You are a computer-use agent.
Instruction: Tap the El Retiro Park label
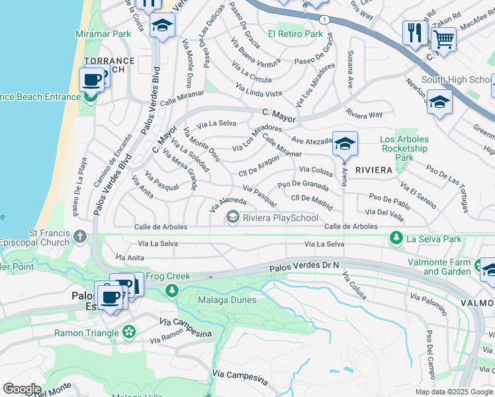click(x=295, y=34)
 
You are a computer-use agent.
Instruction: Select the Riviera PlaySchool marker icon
click(x=232, y=217)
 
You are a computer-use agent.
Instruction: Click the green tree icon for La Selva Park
click(x=396, y=238)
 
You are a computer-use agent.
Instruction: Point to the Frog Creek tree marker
click(x=171, y=290)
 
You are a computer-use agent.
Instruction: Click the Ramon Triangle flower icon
click(x=129, y=331)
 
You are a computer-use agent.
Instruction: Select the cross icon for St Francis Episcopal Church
click(x=80, y=237)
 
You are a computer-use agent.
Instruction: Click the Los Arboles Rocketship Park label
click(x=404, y=148)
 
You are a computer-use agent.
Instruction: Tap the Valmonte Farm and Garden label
click(x=447, y=267)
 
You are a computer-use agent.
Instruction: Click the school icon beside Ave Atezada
click(x=344, y=144)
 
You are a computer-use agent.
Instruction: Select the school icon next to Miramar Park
click(x=161, y=27)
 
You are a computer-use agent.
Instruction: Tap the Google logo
click(x=22, y=389)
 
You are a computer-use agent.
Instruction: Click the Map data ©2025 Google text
click(x=454, y=392)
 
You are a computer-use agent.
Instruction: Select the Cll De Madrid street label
click(x=312, y=198)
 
